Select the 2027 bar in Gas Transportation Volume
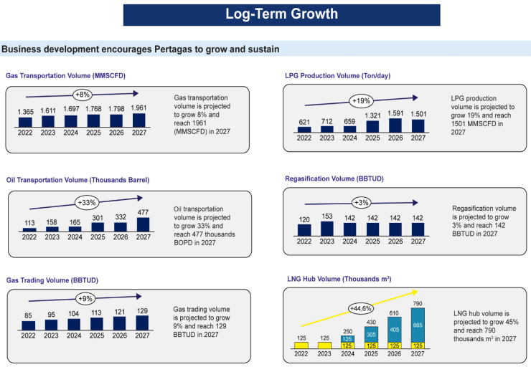pyautogui.click(x=138, y=120)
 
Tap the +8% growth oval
pyautogui.click(x=84, y=94)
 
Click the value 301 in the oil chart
pyautogui.click(x=98, y=219)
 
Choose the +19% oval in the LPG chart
pyautogui.click(x=361, y=101)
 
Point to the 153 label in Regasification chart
pyautogui.click(x=327, y=216)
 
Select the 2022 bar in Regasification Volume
pyautogui.click(x=304, y=229)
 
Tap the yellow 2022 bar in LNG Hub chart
pyautogui.click(x=302, y=345)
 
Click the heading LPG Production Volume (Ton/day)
pyautogui.click(x=337, y=75)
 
